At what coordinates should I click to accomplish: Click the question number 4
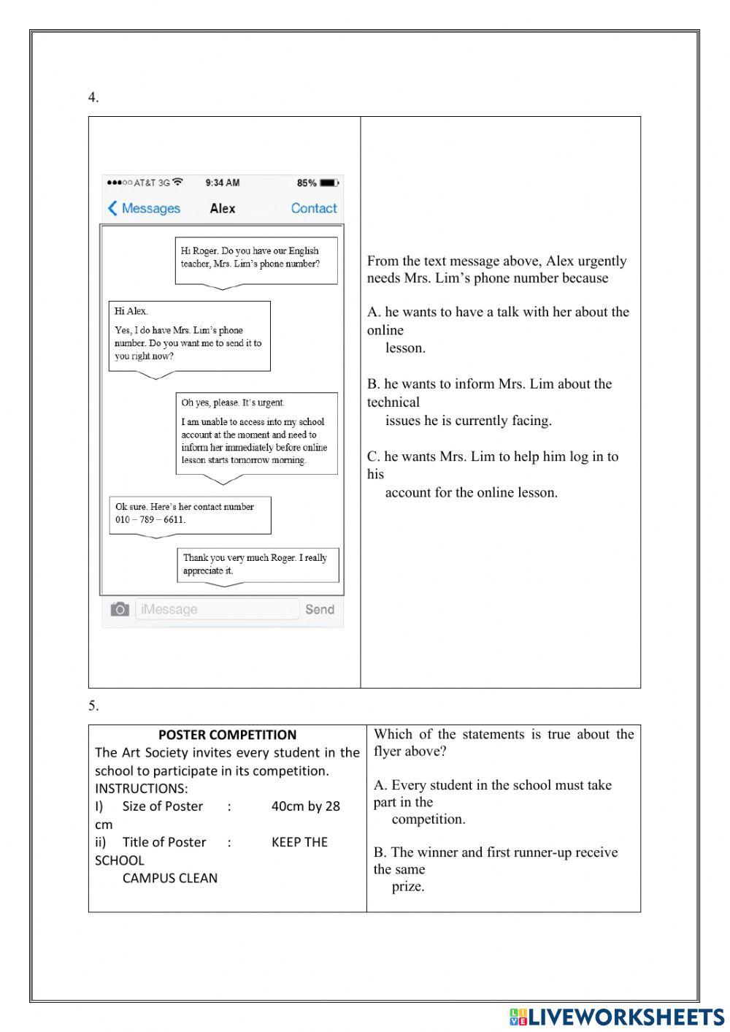(x=93, y=98)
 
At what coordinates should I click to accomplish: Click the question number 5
(x=93, y=706)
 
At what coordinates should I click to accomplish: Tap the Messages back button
(x=144, y=208)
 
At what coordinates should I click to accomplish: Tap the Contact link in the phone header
(x=314, y=208)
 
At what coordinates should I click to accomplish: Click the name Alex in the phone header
(x=223, y=208)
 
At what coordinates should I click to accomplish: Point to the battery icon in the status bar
(x=330, y=183)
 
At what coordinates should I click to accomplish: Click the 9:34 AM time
(x=222, y=183)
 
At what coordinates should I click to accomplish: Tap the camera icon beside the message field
(x=120, y=609)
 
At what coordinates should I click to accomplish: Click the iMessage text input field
(x=217, y=609)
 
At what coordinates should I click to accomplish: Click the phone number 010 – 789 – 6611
(x=150, y=520)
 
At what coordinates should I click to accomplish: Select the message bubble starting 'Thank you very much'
(x=258, y=565)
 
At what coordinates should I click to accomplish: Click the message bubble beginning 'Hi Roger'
(x=256, y=259)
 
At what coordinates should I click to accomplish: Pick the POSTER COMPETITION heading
(x=227, y=735)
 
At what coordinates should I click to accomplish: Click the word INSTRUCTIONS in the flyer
(x=141, y=789)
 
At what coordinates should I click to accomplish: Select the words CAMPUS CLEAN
(x=169, y=878)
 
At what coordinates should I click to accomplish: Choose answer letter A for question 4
(x=373, y=313)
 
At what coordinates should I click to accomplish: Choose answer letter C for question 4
(x=373, y=457)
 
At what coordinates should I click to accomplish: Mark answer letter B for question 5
(x=379, y=852)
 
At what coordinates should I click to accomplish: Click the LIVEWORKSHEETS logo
(x=616, y=1016)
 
